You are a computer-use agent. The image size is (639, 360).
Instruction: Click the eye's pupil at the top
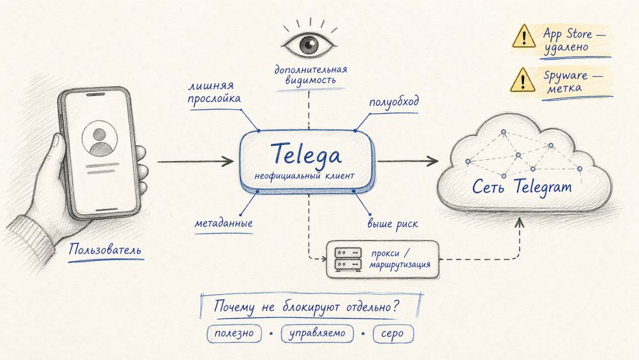click(310, 43)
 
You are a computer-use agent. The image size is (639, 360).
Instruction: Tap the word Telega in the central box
click(306, 153)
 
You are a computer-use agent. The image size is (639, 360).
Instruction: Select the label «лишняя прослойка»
click(215, 92)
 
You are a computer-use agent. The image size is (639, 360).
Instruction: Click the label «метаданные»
click(224, 224)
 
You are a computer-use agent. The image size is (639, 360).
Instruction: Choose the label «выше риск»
click(392, 224)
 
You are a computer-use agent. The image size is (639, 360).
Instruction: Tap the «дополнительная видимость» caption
click(311, 75)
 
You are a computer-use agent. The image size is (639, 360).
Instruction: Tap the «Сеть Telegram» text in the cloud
click(522, 188)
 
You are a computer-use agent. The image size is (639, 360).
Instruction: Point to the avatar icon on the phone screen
click(100, 141)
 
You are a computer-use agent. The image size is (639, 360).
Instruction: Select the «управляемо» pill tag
click(317, 333)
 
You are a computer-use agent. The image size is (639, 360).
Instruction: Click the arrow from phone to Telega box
click(195, 162)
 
